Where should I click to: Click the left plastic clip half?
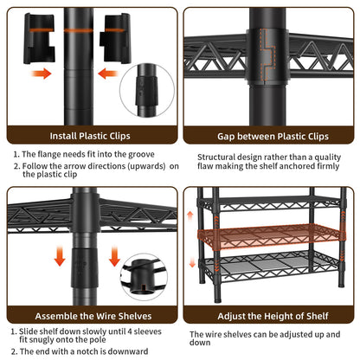[x=39, y=38]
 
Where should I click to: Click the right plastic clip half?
[x=115, y=38]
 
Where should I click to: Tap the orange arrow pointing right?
[x=42, y=74]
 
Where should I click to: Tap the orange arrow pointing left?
[x=108, y=74]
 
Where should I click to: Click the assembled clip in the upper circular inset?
[x=146, y=90]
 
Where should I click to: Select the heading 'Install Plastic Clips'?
[x=90, y=136]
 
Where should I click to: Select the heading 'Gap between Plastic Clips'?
[x=273, y=136]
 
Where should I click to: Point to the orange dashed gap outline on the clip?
[x=267, y=55]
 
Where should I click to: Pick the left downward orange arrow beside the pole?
[x=60, y=255]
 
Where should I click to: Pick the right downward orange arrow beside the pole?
[x=114, y=256]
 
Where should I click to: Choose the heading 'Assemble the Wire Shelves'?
[x=93, y=316]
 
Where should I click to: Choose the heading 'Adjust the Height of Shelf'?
[x=273, y=316]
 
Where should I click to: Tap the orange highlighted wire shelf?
[x=271, y=236]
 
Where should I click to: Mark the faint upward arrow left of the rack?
[x=190, y=215]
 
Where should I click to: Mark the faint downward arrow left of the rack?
[x=192, y=262]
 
